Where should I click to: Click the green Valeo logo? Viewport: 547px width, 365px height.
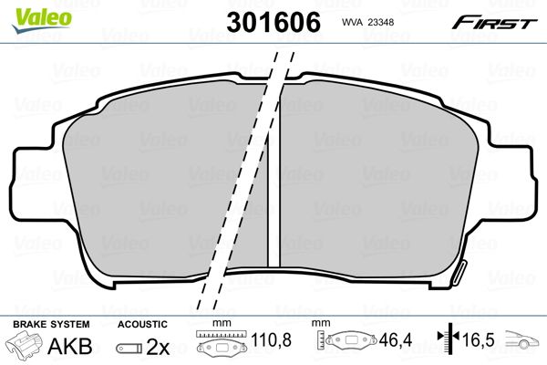[x=42, y=20]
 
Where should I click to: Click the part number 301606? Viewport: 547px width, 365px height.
[x=273, y=22]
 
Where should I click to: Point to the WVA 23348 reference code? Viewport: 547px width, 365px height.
[x=367, y=22]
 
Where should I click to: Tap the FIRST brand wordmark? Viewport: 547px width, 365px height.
[x=494, y=23]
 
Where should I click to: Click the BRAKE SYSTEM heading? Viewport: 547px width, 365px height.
[x=51, y=324]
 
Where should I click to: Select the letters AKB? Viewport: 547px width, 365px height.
[x=70, y=346]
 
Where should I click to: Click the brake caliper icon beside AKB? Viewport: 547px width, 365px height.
[x=24, y=345]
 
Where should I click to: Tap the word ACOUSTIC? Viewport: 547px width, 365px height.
[x=142, y=324]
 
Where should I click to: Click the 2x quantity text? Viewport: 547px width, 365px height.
[x=158, y=347]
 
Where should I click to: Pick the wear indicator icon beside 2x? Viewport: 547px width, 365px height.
[x=129, y=348]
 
